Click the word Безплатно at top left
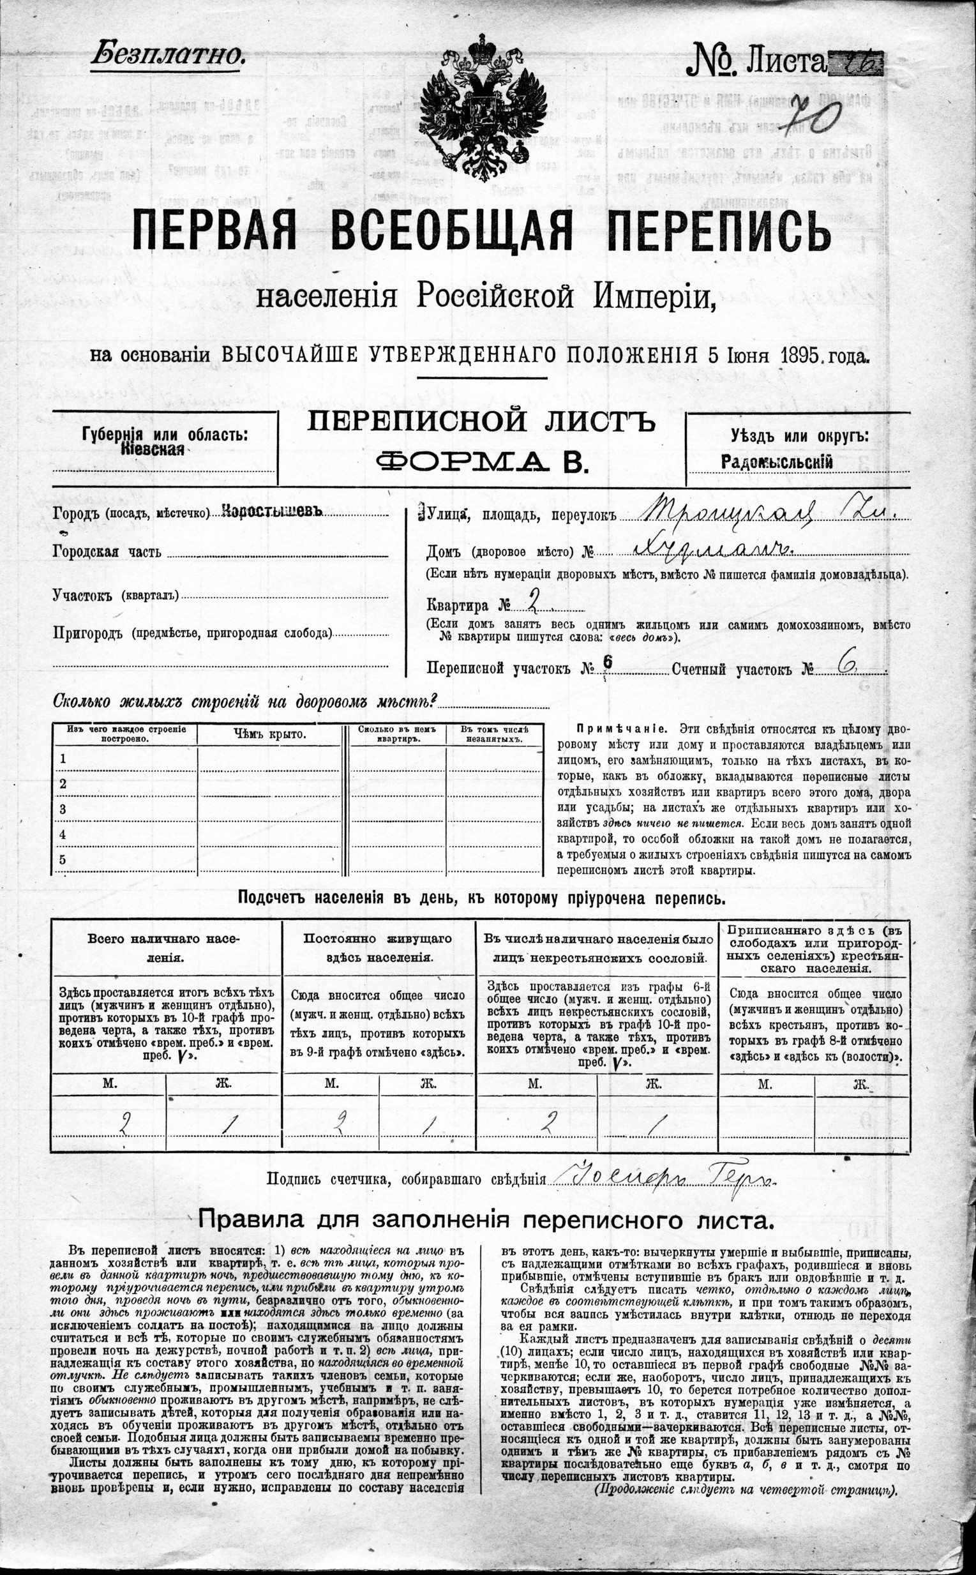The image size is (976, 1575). tap(169, 54)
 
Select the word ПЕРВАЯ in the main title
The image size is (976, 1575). tap(214, 231)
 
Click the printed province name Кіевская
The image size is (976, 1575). tap(153, 451)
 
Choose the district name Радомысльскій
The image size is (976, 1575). tap(777, 462)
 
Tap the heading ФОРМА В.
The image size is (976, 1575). tap(481, 462)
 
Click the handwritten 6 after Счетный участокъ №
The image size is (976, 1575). tap(846, 666)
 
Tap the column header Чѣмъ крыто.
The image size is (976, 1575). tap(269, 734)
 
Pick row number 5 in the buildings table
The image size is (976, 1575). tap(63, 860)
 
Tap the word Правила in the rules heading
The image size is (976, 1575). tap(247, 1220)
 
